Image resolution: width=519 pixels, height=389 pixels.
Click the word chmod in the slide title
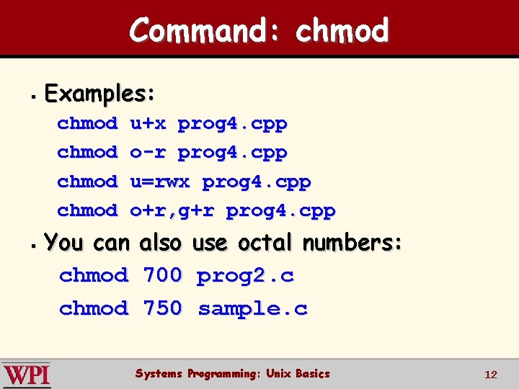point(342,30)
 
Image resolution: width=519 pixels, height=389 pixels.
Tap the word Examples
point(99,94)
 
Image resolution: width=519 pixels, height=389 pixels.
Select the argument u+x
point(148,124)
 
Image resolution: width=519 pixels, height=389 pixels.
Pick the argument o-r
point(148,153)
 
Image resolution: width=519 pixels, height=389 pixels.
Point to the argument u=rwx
point(160,182)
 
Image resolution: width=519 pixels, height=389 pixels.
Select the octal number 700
point(163,275)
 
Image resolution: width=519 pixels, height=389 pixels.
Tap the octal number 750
point(163,309)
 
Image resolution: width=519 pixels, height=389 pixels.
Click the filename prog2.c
point(245,275)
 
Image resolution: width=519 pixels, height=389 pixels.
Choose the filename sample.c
point(252,309)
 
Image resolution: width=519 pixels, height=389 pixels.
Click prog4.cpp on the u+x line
point(232,124)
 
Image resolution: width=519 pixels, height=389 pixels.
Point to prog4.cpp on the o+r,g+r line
point(280,210)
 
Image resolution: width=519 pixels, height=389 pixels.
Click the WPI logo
point(26,375)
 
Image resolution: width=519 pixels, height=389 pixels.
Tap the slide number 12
point(491,375)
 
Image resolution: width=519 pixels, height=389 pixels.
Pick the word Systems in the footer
point(159,374)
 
